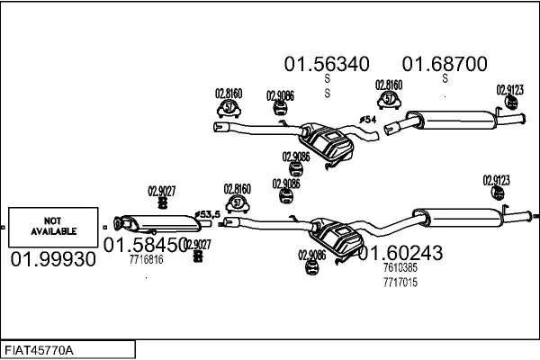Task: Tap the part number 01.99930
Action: [x=51, y=259]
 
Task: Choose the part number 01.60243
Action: [x=400, y=254]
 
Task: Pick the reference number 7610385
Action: [x=400, y=268]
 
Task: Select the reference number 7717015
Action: [x=400, y=282]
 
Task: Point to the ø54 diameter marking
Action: [x=367, y=120]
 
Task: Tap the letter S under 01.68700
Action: [x=445, y=78]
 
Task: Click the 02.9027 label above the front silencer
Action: [x=161, y=190]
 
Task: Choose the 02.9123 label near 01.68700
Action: [x=510, y=89]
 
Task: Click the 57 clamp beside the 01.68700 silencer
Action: [x=390, y=99]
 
